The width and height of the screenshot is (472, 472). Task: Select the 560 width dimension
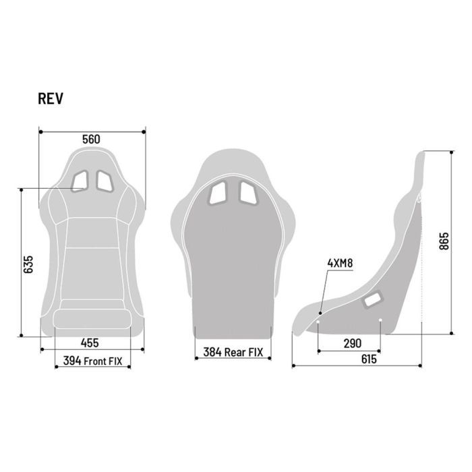[x=91, y=139]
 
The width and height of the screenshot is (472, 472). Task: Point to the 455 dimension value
[x=91, y=342]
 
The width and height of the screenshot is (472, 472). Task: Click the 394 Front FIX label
[x=92, y=361]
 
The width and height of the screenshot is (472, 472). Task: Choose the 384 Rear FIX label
[x=233, y=351]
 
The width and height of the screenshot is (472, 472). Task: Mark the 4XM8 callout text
[x=340, y=263]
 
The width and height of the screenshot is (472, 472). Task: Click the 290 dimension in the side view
[x=352, y=343]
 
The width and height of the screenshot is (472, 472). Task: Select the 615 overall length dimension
[x=368, y=359]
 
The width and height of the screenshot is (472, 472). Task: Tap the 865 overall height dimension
[x=443, y=241]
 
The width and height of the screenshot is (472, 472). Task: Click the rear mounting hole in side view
[x=380, y=320]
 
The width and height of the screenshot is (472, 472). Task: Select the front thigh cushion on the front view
[x=92, y=319]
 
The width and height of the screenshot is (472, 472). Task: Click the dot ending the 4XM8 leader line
[x=320, y=313]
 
